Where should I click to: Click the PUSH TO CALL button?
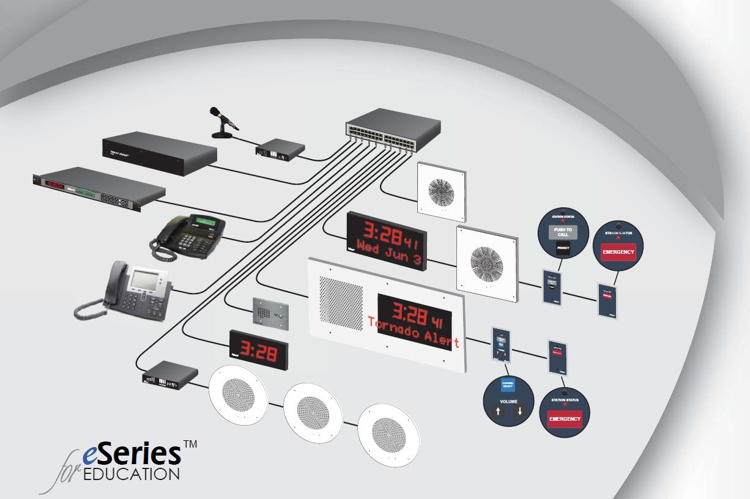(x=562, y=232)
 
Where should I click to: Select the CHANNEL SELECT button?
(x=508, y=386)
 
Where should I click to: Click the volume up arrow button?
(x=498, y=412)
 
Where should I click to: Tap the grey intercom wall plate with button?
(x=270, y=314)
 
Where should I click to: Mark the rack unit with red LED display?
(x=98, y=188)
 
